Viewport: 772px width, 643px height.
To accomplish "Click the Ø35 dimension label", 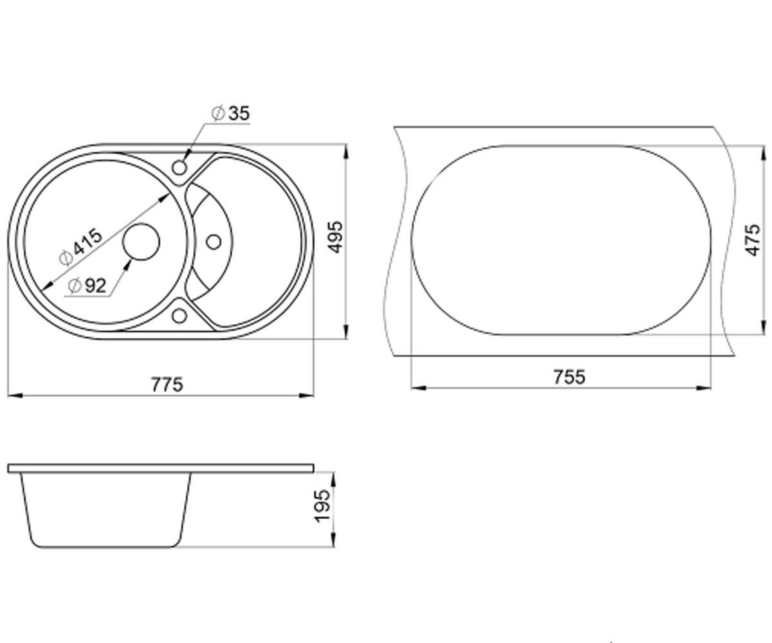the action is click(231, 113).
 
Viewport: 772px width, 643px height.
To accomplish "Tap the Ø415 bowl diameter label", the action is click(80, 247).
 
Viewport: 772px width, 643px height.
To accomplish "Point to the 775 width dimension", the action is click(167, 385).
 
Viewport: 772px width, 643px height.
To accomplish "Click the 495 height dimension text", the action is click(336, 237).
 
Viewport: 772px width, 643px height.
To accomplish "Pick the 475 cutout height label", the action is click(753, 240).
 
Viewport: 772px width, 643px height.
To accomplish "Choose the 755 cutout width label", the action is click(569, 377).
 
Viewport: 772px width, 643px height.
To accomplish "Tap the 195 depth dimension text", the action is click(322, 506).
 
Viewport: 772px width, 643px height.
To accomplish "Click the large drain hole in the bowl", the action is click(141, 242).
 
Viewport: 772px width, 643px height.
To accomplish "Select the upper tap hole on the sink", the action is click(179, 168).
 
